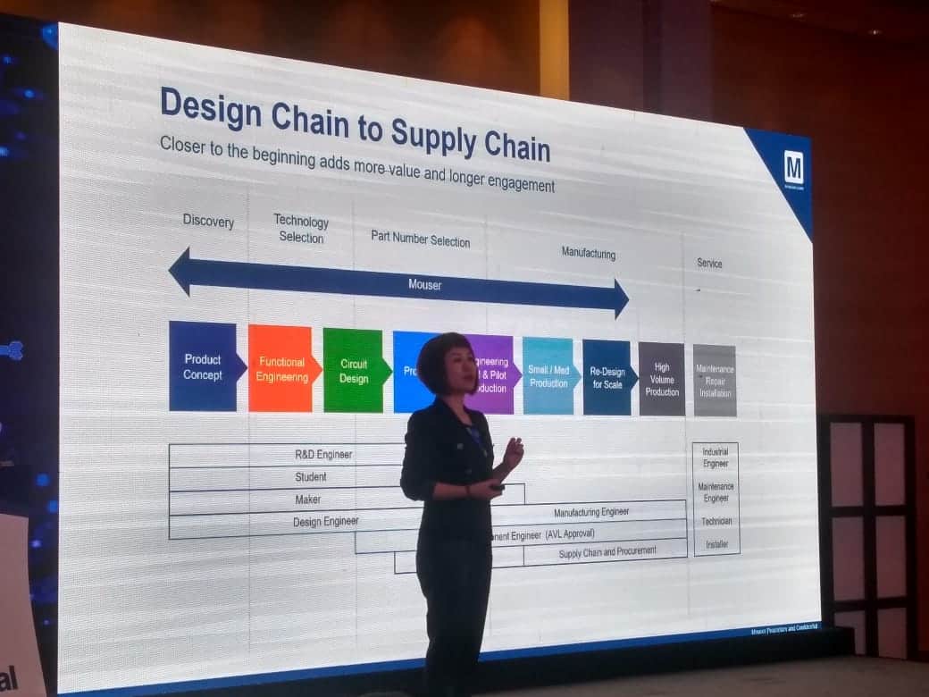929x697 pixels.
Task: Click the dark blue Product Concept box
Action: (204, 366)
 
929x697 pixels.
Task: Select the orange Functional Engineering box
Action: (281, 369)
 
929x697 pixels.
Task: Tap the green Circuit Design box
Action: (354, 372)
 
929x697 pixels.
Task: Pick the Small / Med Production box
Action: (548, 376)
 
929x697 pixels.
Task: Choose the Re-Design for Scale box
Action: (607, 378)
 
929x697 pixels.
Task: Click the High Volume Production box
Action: (662, 380)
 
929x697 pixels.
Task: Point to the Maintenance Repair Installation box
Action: (715, 381)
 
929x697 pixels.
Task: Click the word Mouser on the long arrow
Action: (424, 285)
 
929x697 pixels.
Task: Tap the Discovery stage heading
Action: (208, 221)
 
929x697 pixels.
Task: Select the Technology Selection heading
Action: (301, 229)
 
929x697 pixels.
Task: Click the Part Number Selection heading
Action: (420, 239)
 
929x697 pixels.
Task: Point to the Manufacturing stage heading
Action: (588, 253)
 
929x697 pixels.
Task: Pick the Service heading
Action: (709, 263)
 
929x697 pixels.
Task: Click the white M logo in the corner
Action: (792, 167)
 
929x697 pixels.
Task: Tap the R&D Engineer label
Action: (323, 454)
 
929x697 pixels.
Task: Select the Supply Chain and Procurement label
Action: (607, 552)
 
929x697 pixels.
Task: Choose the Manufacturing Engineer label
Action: (591, 512)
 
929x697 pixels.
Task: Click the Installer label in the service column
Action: (716, 543)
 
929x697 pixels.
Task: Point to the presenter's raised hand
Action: (513, 449)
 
